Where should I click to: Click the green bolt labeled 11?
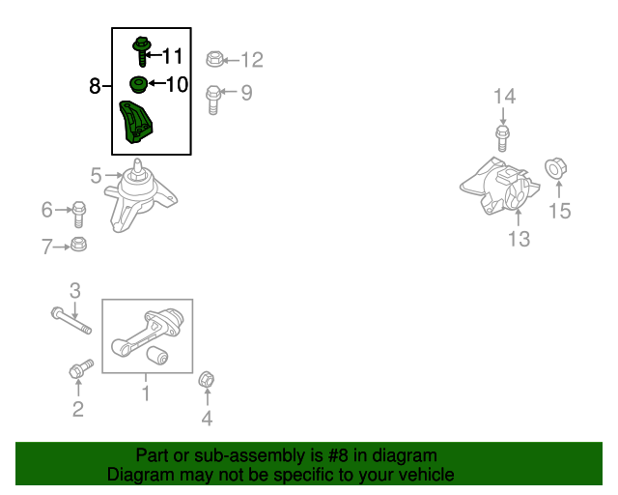(142, 51)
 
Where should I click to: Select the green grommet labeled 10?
(139, 84)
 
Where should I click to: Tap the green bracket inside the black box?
(136, 123)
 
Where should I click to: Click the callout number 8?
(95, 86)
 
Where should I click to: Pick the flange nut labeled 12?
(214, 59)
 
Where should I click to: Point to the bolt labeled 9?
(213, 101)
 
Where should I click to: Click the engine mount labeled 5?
(139, 195)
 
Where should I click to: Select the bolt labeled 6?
(79, 215)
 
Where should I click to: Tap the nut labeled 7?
(78, 244)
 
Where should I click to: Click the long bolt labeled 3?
(71, 321)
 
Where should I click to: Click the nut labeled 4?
(206, 380)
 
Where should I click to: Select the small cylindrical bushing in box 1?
(157, 355)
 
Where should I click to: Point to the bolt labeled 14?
(502, 138)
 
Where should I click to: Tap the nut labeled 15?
(556, 168)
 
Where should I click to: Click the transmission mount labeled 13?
(500, 187)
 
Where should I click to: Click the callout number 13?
(519, 239)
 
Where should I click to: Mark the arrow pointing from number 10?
(156, 83)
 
